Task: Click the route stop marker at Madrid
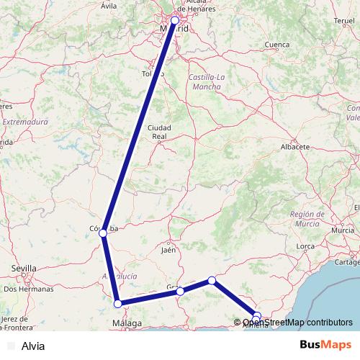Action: tap(175, 21)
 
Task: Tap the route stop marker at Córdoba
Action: tap(103, 233)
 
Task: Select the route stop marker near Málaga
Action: tap(118, 304)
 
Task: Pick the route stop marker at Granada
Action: tap(181, 291)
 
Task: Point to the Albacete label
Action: tap(294, 146)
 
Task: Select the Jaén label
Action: tap(169, 251)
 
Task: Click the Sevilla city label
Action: tap(24, 269)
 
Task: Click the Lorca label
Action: tap(306, 247)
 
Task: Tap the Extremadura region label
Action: tap(24, 122)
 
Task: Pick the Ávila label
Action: tap(109, 6)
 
